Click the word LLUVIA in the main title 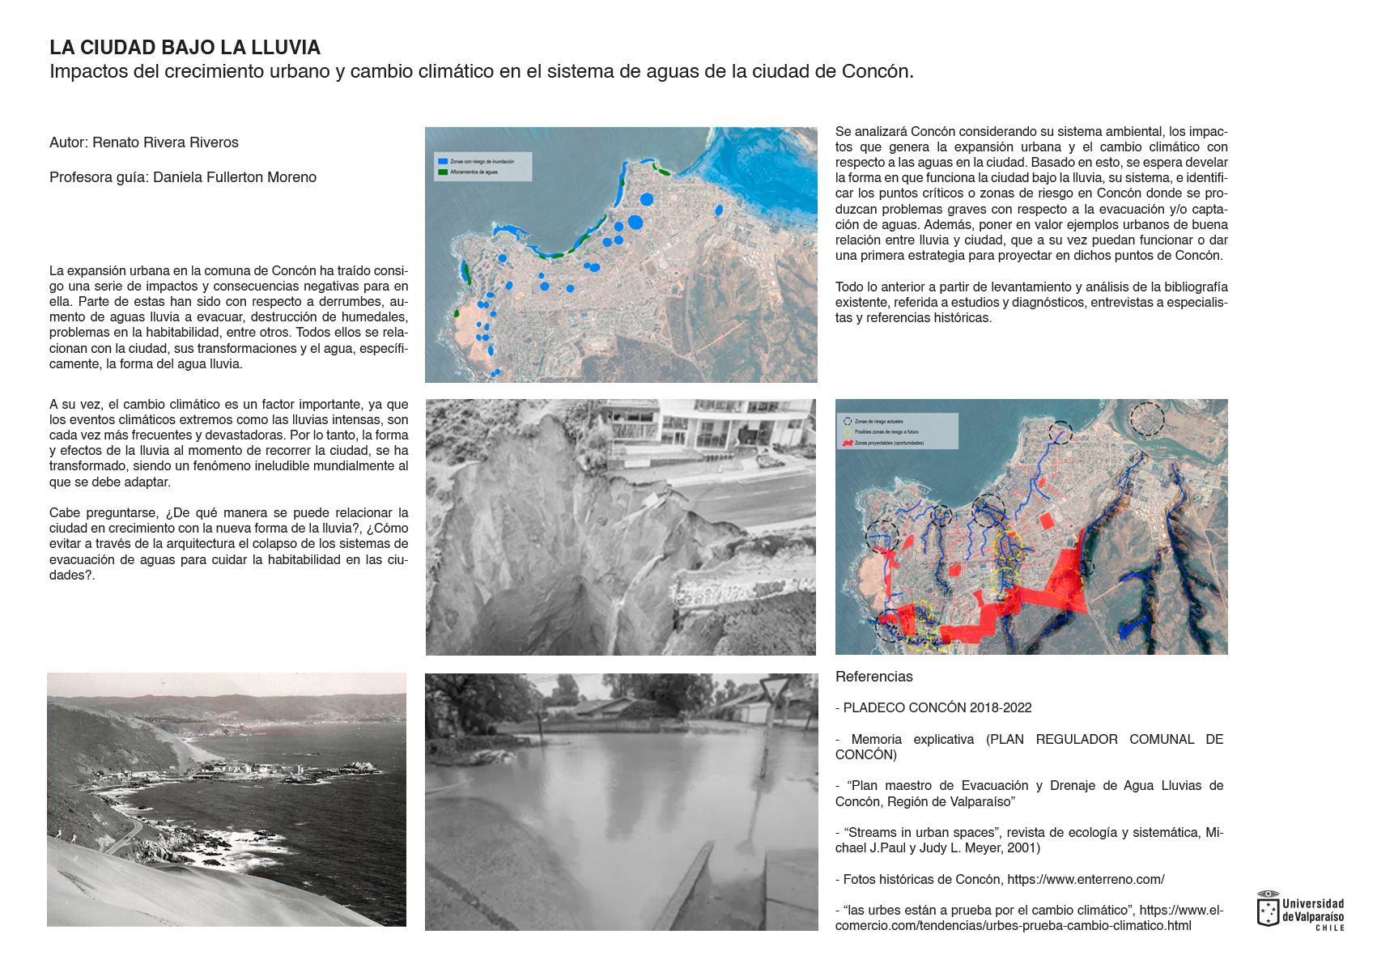tap(286, 47)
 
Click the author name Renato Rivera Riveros tap(165, 142)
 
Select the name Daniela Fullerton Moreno tap(234, 177)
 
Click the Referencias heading tap(873, 677)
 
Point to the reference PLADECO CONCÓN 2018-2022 tap(937, 707)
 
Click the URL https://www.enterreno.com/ tap(1086, 879)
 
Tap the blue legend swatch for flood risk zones tap(442, 162)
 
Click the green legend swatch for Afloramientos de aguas tap(442, 172)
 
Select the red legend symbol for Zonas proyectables tap(848, 443)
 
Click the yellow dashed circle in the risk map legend tap(848, 432)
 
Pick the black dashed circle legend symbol tap(848, 422)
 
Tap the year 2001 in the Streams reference tap(1022, 848)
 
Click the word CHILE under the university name tap(1329, 928)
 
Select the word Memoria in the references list tap(876, 739)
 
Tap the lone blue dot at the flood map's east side tap(719, 210)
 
